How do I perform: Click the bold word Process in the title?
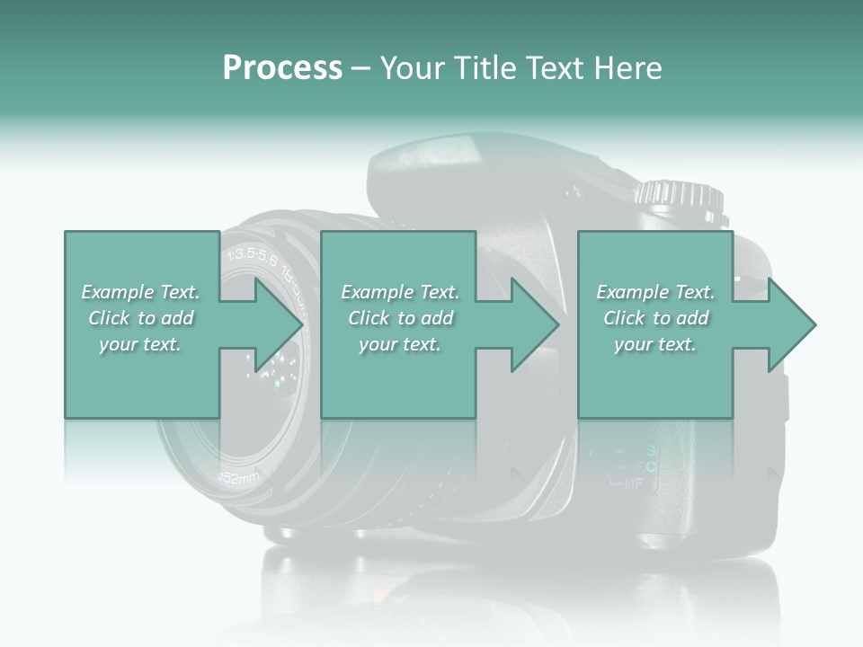coord(282,68)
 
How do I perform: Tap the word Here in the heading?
coord(628,68)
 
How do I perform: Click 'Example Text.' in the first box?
coord(141,292)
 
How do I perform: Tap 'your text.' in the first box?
coord(141,344)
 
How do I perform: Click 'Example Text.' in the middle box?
coord(400,292)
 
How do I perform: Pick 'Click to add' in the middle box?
coord(400,318)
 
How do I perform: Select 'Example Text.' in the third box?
coord(655,292)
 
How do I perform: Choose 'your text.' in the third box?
coord(655,344)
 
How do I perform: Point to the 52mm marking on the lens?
coord(238,476)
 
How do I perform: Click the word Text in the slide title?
coord(557,68)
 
